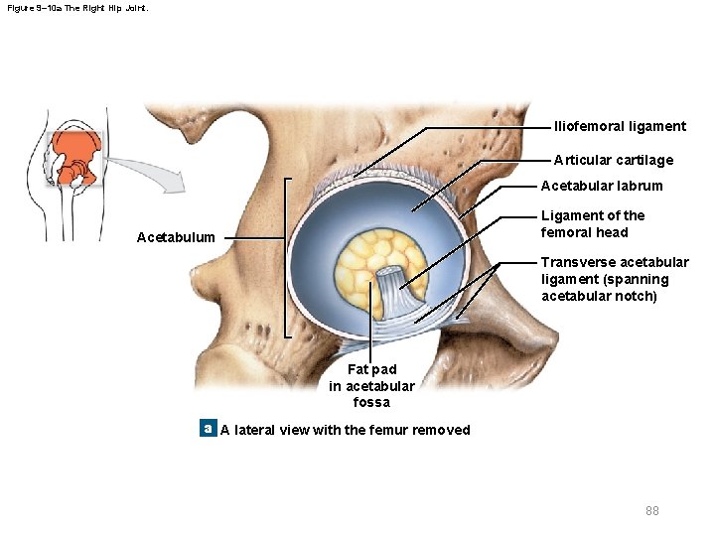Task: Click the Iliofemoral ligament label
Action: (x=620, y=126)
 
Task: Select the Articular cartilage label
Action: (x=613, y=160)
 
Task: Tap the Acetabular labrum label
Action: (x=601, y=186)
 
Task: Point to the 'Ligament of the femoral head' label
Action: (x=592, y=223)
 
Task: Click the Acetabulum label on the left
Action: (x=175, y=237)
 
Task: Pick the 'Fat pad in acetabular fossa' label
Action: (x=371, y=386)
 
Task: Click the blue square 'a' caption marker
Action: (x=208, y=429)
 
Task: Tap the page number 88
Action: (x=651, y=510)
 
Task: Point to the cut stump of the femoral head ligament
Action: (x=389, y=279)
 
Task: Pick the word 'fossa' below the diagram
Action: (x=371, y=402)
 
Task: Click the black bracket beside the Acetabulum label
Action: (x=286, y=258)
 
